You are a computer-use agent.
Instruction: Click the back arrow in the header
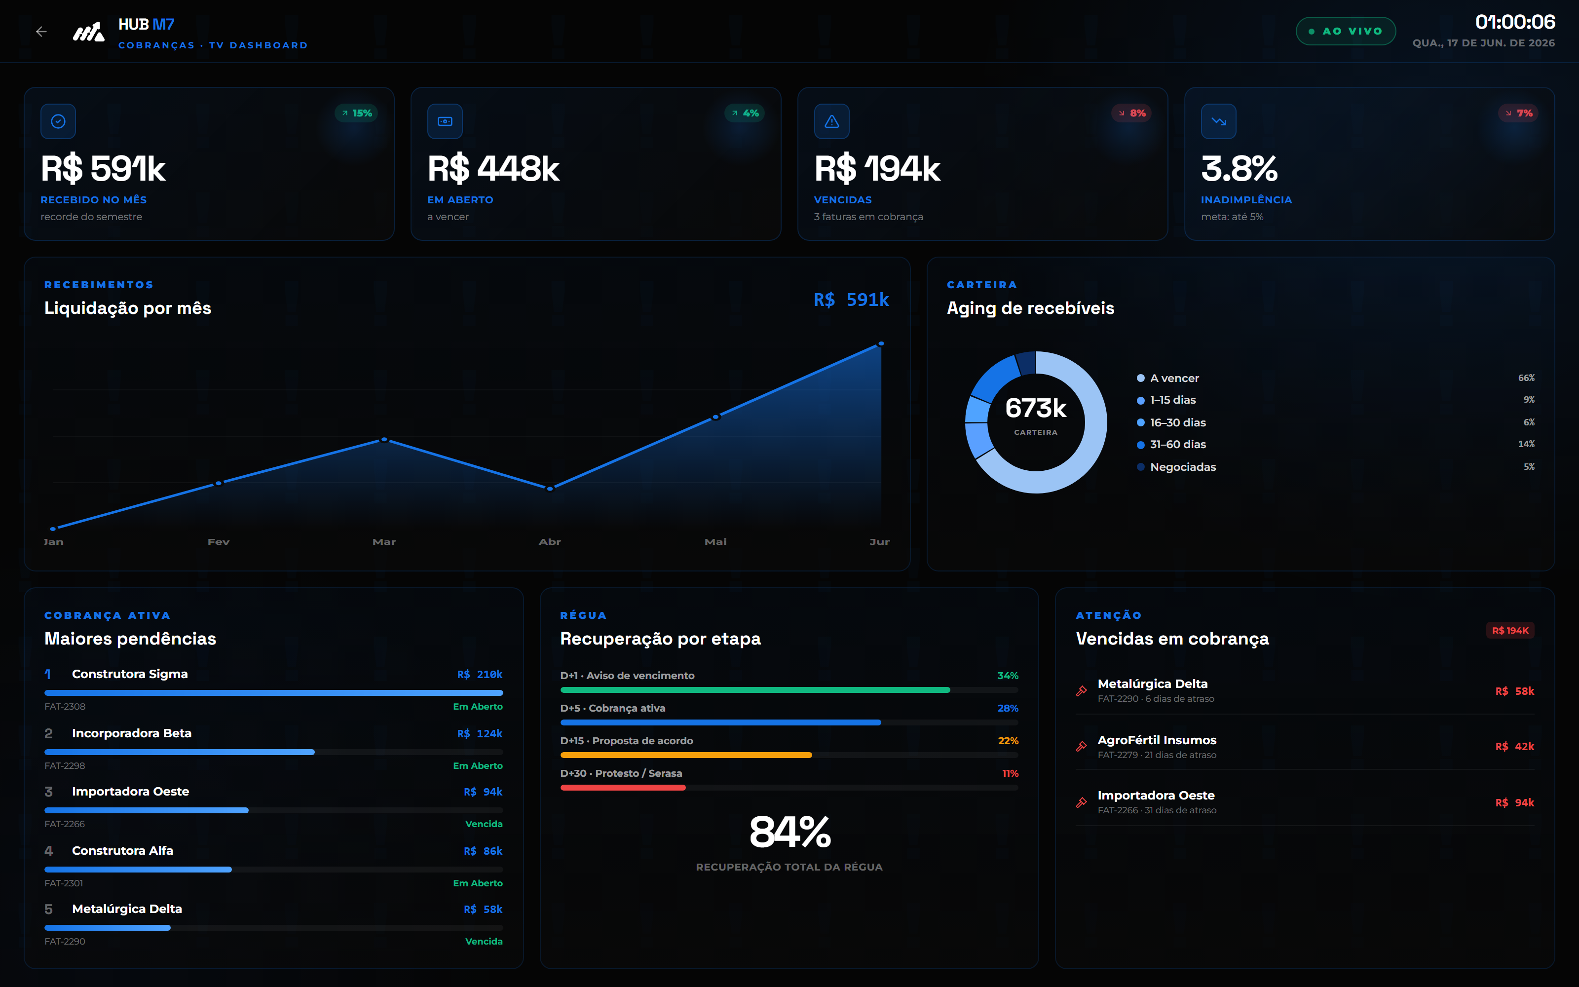(x=41, y=31)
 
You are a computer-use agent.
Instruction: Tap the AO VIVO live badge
(x=1346, y=31)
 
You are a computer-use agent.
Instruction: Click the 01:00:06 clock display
(x=1515, y=22)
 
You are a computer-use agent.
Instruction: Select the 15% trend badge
(x=357, y=113)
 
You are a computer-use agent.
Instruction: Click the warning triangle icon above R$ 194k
(x=832, y=121)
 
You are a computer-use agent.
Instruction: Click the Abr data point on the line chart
(x=550, y=488)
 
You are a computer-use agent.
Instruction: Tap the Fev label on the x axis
(x=219, y=542)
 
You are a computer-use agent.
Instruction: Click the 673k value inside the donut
(x=1036, y=408)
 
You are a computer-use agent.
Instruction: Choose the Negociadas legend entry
(x=1176, y=467)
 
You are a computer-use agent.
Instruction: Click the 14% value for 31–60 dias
(x=1526, y=444)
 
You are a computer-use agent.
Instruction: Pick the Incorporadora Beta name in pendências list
(x=132, y=733)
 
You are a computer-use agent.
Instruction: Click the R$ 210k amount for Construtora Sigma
(x=480, y=674)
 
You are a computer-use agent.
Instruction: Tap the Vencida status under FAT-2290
(x=484, y=941)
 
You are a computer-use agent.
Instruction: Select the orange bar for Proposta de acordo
(x=686, y=755)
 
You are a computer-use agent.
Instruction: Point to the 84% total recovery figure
(x=789, y=833)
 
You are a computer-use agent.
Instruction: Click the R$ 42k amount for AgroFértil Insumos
(x=1514, y=747)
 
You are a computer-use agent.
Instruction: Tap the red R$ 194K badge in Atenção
(x=1510, y=631)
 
